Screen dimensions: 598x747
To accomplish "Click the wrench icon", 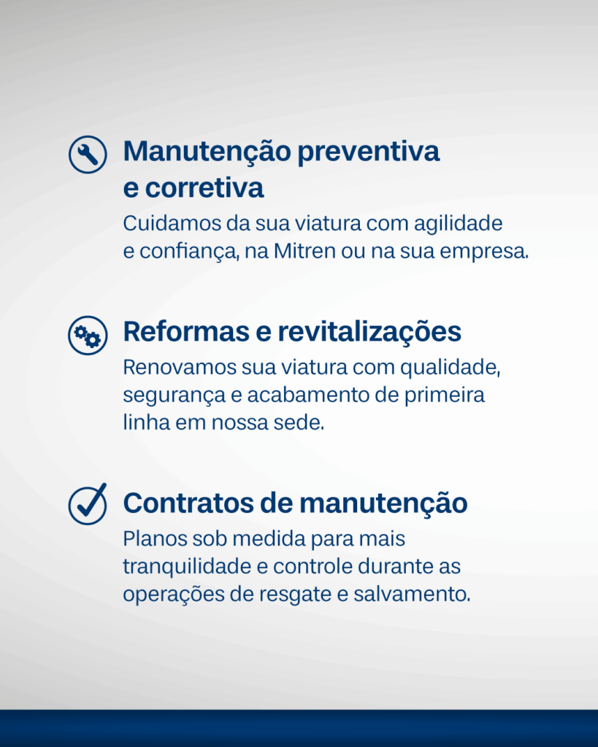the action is pyautogui.click(x=88, y=155).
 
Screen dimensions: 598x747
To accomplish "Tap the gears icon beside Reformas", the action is pyautogui.click(x=88, y=336).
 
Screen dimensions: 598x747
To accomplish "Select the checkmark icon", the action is pyautogui.click(x=88, y=504).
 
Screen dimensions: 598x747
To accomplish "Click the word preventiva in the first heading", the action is pyautogui.click(x=368, y=152).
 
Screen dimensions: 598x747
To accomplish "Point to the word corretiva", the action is pyautogui.click(x=204, y=187).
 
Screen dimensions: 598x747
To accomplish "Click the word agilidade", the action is pyautogui.click(x=458, y=224).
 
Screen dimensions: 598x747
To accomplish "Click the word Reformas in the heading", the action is pyautogui.click(x=186, y=331).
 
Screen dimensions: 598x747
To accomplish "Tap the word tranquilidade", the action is pyautogui.click(x=186, y=567).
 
